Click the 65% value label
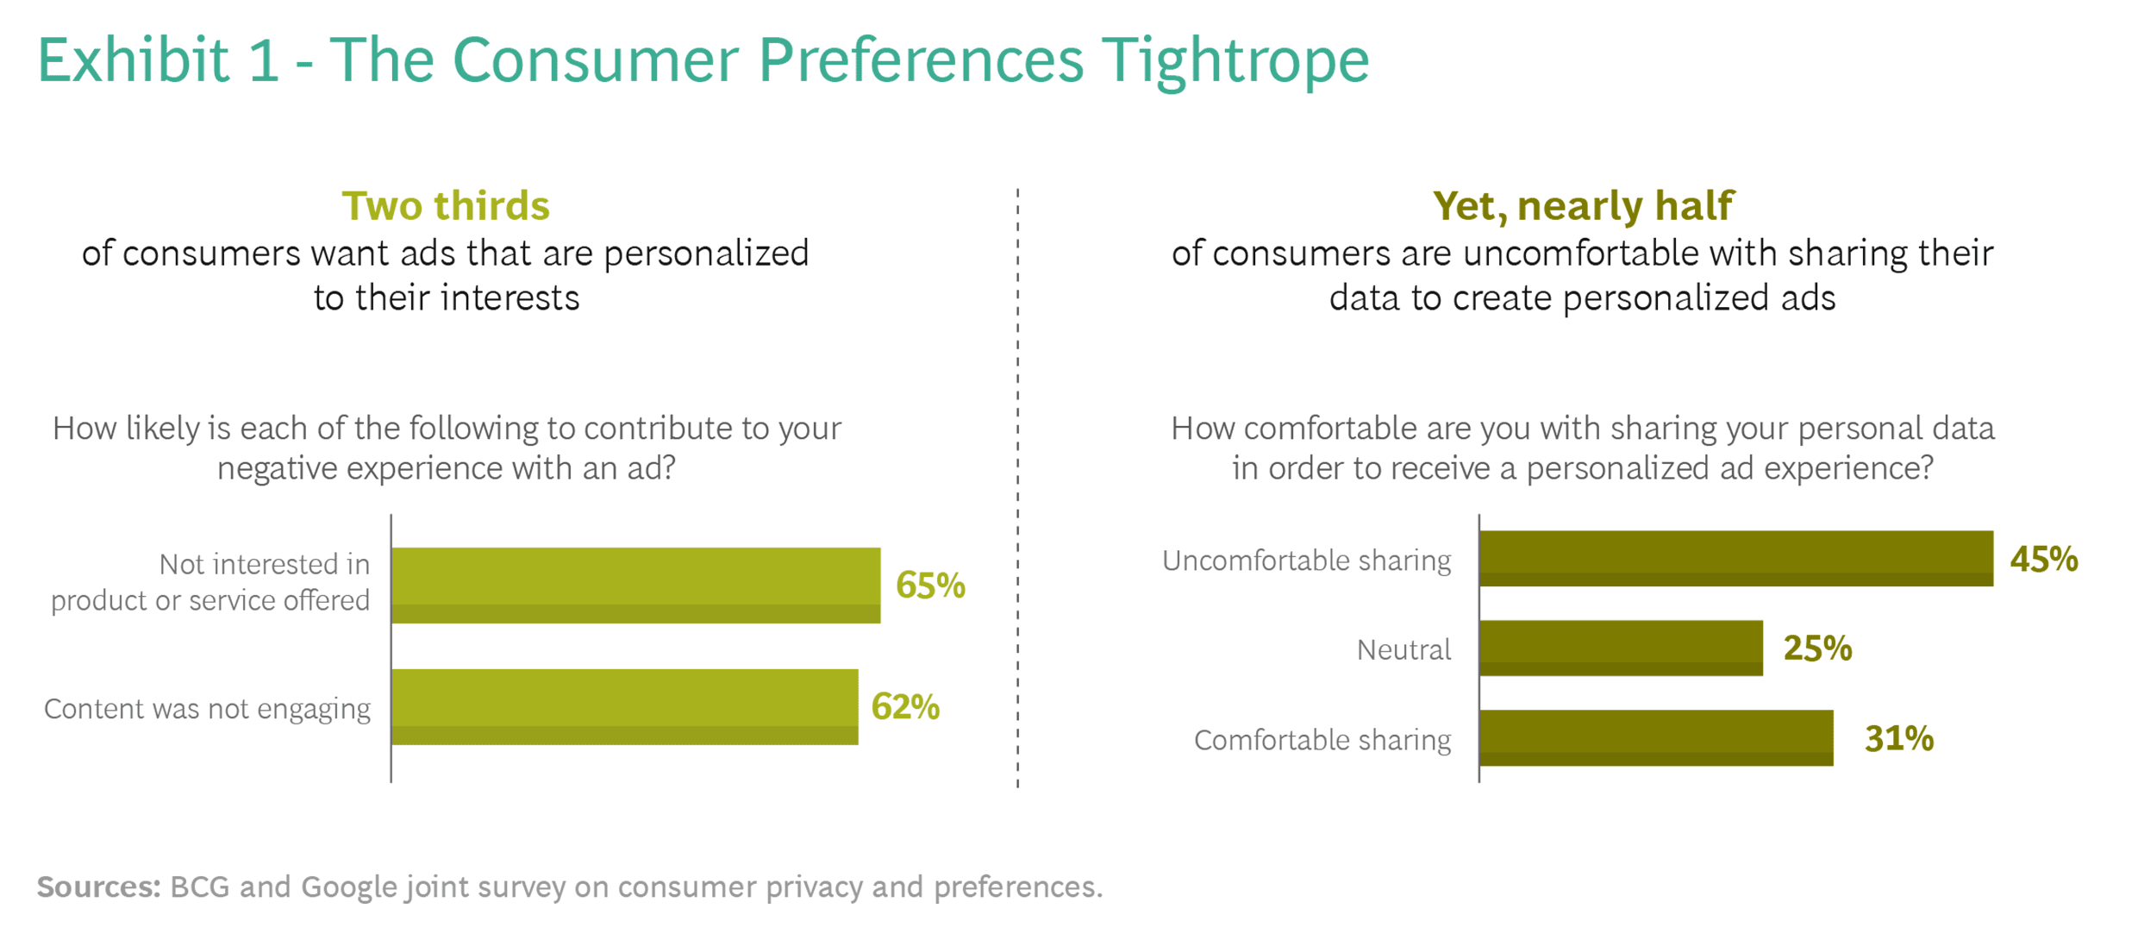(930, 586)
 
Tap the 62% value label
(905, 707)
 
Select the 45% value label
(2043, 560)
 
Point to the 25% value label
(1817, 649)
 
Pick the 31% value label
(1898, 739)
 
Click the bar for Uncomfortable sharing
(1735, 559)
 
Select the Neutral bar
(1621, 648)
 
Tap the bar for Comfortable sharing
(1656, 738)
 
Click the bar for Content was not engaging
(625, 707)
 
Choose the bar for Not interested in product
(636, 586)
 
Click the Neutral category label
(1403, 649)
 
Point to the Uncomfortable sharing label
(1306, 561)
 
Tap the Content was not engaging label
(207, 709)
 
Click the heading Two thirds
(446, 206)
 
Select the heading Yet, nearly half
(1582, 206)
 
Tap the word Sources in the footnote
(98, 887)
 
